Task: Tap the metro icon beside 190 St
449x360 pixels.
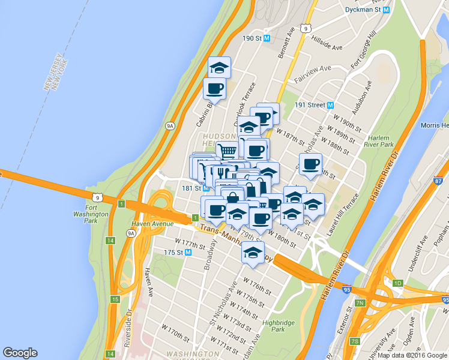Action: (x=267, y=38)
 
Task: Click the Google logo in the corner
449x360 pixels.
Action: (x=20, y=353)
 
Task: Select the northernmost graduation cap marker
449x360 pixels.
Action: (x=219, y=67)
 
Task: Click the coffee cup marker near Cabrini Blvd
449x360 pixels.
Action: (x=214, y=89)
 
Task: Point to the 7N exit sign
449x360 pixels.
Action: (x=360, y=302)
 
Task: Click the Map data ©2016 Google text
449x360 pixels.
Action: (x=412, y=355)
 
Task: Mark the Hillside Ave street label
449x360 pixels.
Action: (x=327, y=44)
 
